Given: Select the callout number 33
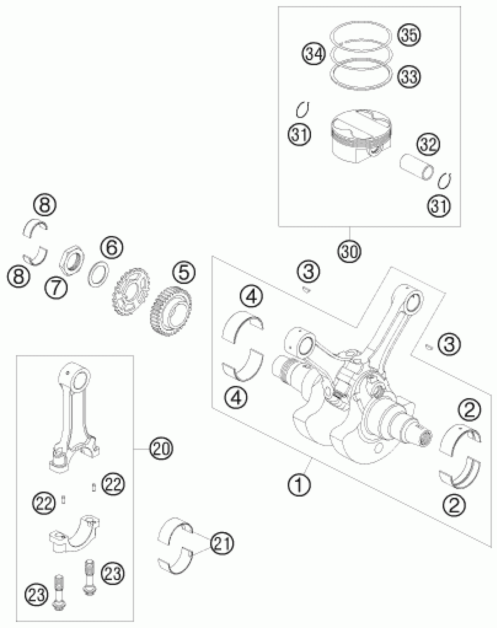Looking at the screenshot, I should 409,77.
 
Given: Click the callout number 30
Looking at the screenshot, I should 350,251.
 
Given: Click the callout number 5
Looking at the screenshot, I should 184,273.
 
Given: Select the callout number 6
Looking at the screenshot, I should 111,247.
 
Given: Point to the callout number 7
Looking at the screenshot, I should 56,287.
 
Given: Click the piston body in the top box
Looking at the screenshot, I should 361,137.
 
